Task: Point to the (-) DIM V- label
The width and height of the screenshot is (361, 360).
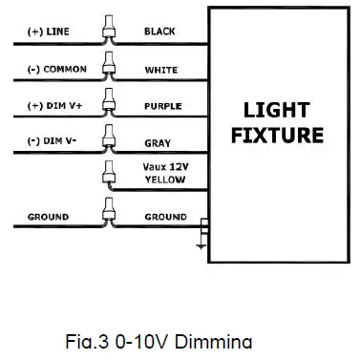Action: [39, 143]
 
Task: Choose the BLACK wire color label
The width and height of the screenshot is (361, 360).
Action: [159, 32]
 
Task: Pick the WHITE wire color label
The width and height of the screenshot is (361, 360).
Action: [159, 69]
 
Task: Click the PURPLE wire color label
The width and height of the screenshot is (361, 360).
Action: [161, 105]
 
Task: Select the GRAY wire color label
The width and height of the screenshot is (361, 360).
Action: [158, 143]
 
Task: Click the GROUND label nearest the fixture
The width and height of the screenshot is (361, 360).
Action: [165, 217]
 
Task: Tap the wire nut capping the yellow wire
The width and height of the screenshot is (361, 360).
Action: [108, 171]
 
